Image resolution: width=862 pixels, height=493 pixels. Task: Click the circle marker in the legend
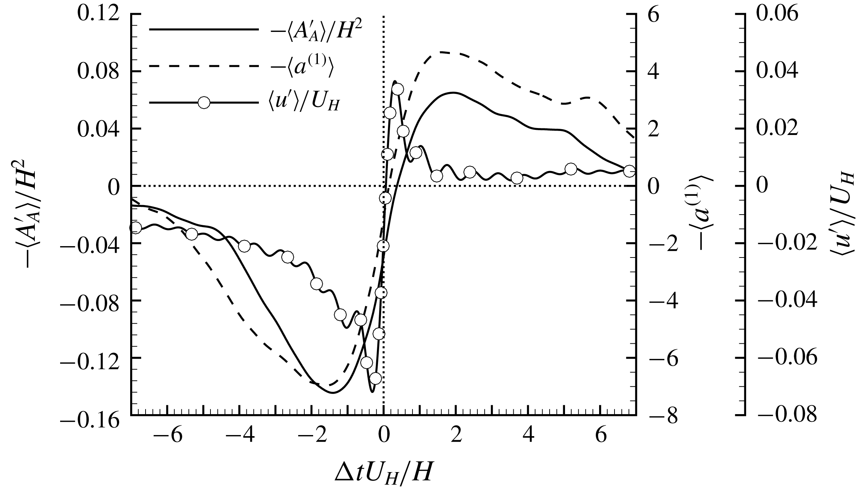pos(204,102)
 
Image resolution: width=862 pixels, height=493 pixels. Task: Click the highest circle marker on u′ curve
pos(398,89)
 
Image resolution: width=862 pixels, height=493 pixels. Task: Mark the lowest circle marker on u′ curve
pos(375,379)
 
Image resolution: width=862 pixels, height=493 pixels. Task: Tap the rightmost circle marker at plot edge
pos(629,171)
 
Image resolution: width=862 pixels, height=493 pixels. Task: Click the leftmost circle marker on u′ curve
pos(136,227)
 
